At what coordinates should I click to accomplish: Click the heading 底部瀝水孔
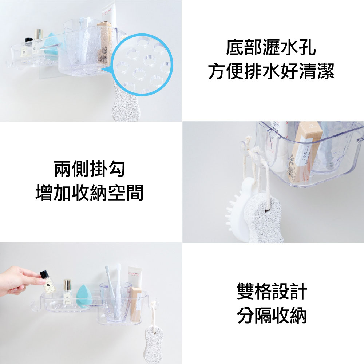271,47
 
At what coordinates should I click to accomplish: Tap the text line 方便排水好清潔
271,71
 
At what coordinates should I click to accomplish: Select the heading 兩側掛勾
90,169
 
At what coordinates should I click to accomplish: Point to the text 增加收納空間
90,193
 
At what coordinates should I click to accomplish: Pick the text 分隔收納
272,315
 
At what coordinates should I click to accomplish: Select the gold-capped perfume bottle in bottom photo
67,290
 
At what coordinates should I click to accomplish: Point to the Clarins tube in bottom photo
135,277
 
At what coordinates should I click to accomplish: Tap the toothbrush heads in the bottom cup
113,272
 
